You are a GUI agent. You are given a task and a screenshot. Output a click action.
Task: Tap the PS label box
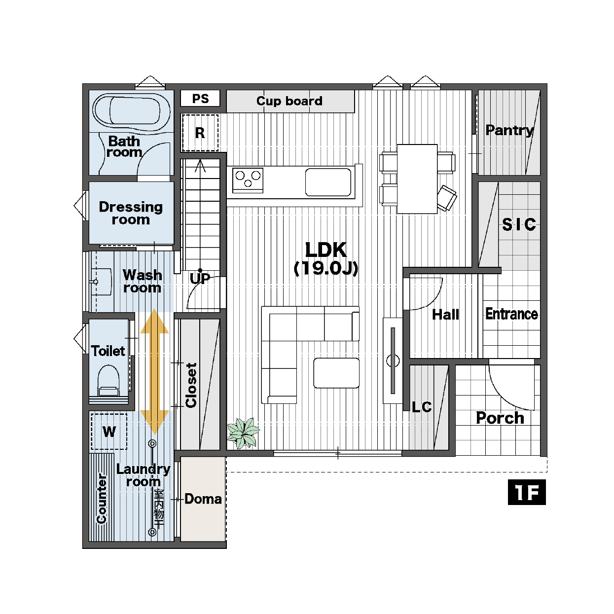pyautogui.click(x=200, y=99)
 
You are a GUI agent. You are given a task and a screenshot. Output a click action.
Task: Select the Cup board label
pyautogui.click(x=289, y=101)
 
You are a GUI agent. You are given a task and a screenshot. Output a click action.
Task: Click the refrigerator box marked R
pyautogui.click(x=200, y=133)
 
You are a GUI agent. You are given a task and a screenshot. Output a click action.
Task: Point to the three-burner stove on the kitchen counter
pyautogui.click(x=248, y=181)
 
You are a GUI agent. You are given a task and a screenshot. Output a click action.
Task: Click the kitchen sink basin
pyautogui.click(x=328, y=182)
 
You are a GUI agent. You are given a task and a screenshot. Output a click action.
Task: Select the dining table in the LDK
pyautogui.click(x=417, y=179)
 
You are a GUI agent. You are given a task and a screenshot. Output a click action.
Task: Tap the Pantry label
pyautogui.click(x=509, y=130)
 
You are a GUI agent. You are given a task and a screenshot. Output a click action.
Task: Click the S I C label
pyautogui.click(x=519, y=224)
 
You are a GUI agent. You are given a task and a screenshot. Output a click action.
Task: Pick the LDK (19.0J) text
pyautogui.click(x=325, y=259)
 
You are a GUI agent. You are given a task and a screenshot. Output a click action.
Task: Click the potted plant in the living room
pyautogui.click(x=243, y=433)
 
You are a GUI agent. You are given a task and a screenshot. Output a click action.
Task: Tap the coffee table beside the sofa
pyautogui.click(x=336, y=373)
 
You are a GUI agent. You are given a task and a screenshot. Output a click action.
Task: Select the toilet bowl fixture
pyautogui.click(x=108, y=381)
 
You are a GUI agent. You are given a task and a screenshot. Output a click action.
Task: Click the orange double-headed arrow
pyautogui.click(x=154, y=372)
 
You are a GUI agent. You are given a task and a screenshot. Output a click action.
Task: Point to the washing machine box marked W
pyautogui.click(x=109, y=432)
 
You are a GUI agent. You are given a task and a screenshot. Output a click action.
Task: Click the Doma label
pyautogui.click(x=203, y=499)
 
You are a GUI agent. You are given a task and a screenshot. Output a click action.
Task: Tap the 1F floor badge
pyautogui.click(x=527, y=492)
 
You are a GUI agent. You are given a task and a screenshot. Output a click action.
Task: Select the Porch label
pyautogui.click(x=500, y=418)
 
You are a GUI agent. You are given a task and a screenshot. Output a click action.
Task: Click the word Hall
pyautogui.click(x=445, y=315)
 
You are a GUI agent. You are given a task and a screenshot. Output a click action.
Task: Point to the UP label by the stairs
pyautogui.click(x=200, y=279)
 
